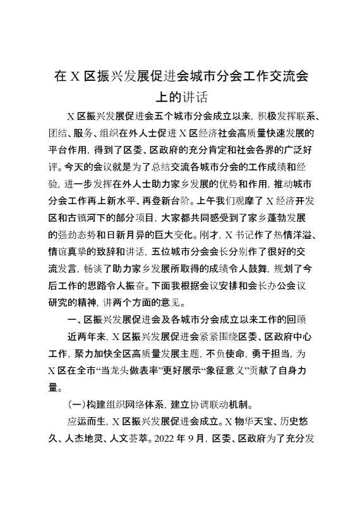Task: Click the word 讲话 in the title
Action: pyautogui.click(x=195, y=97)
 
